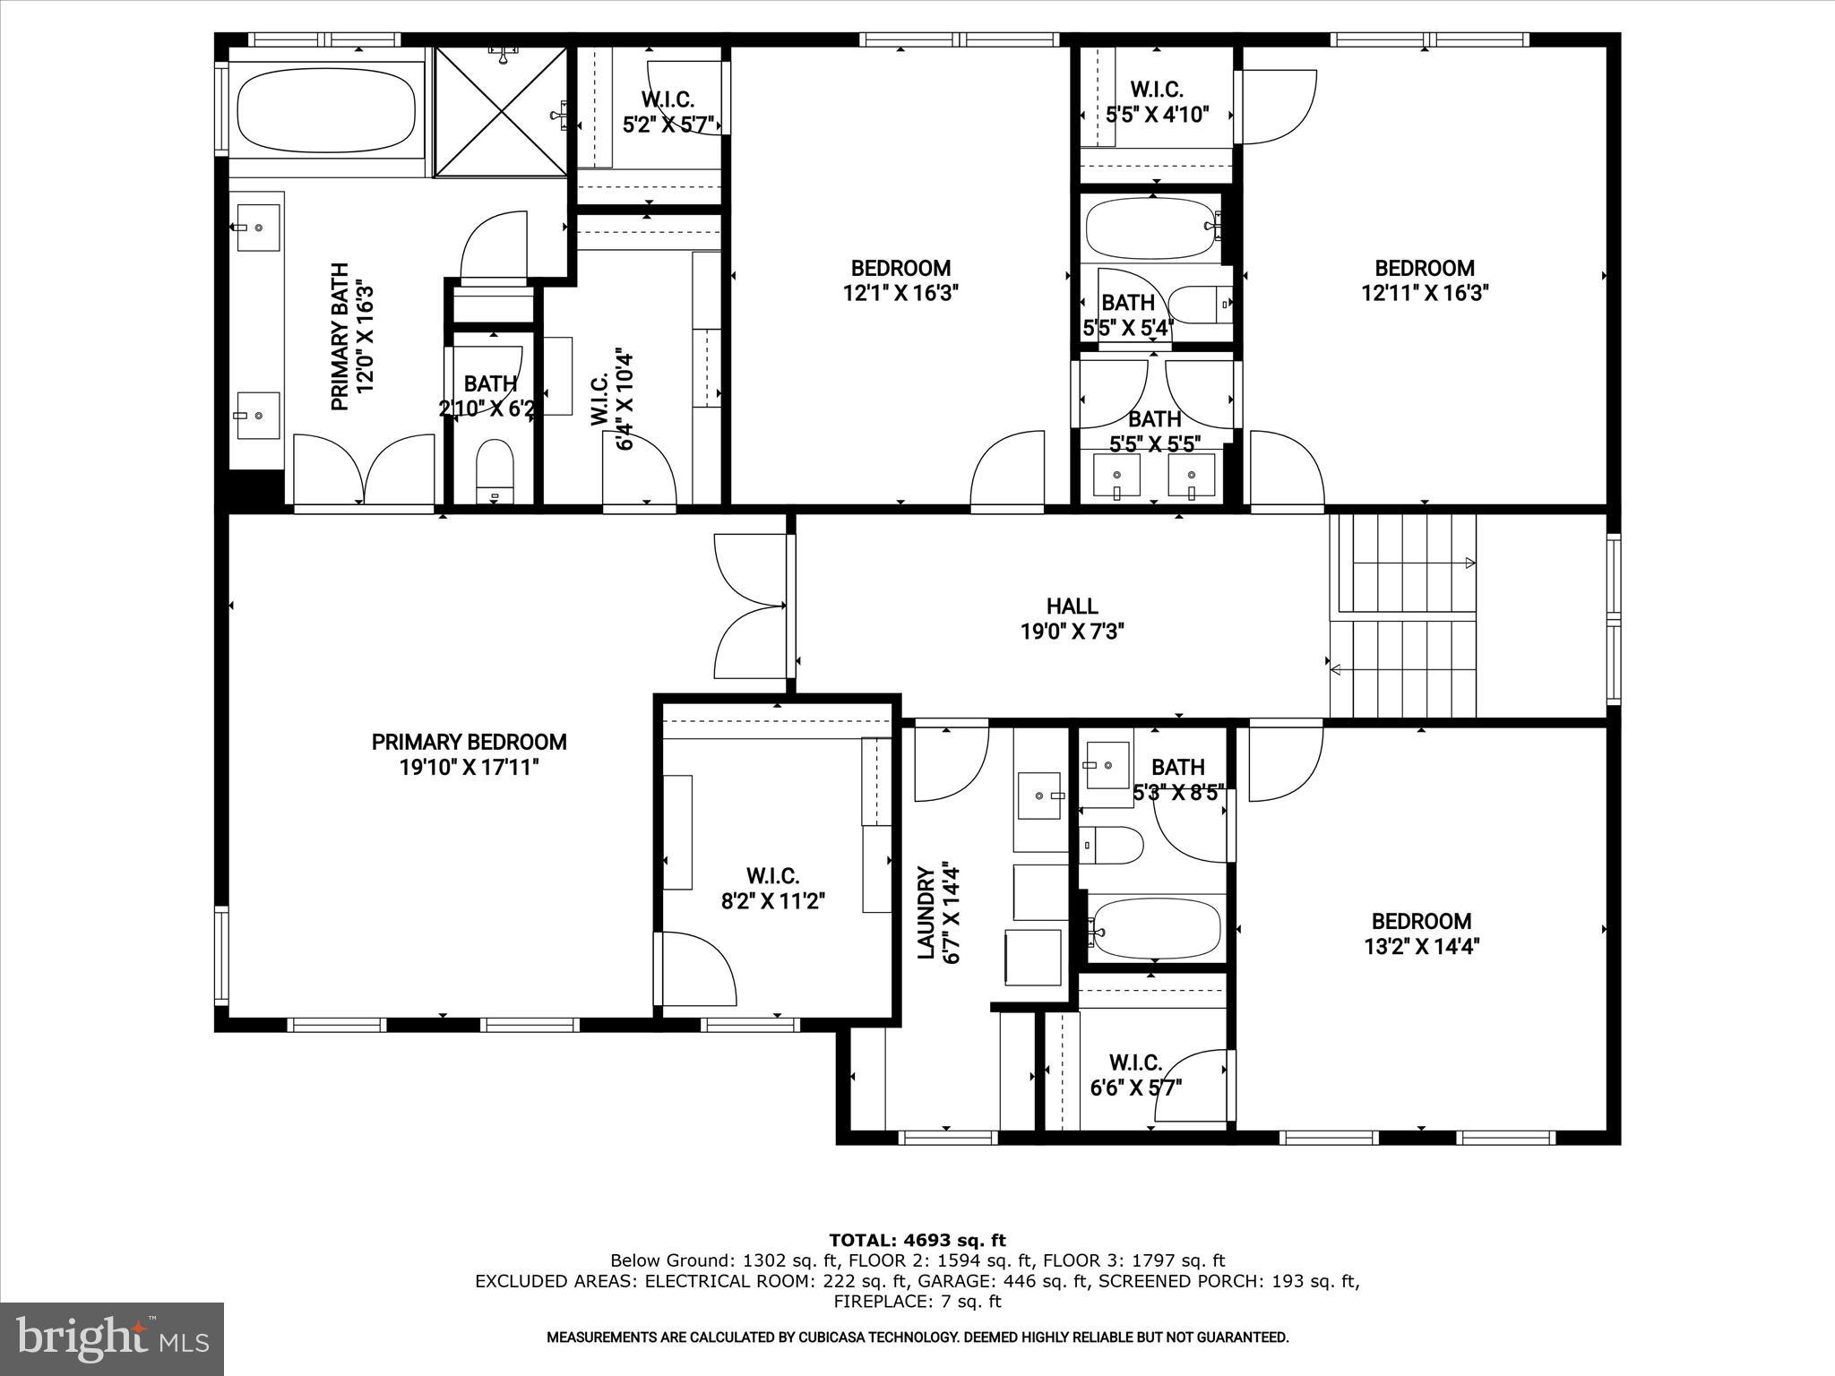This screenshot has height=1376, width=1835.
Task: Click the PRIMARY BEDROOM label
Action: tap(469, 742)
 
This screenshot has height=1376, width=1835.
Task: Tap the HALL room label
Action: tap(1072, 606)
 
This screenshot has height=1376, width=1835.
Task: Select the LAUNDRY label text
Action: tap(926, 912)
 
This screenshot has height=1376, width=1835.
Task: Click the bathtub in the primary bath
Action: tap(326, 111)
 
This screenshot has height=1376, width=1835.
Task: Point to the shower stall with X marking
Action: tap(501, 111)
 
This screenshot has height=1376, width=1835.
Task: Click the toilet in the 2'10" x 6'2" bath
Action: tap(494, 471)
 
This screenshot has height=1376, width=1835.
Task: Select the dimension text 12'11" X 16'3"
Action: tap(1425, 293)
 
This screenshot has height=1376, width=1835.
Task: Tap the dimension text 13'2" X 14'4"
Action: tap(1421, 946)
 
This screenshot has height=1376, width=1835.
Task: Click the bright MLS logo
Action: tap(112, 1339)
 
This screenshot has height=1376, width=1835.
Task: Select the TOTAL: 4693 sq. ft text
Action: tap(917, 1240)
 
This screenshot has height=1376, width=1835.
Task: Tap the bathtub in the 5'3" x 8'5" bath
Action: tap(1157, 929)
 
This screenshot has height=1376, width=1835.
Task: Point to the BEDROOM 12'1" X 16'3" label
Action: tap(900, 268)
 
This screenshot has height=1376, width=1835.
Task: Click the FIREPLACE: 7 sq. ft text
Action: tap(917, 1302)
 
